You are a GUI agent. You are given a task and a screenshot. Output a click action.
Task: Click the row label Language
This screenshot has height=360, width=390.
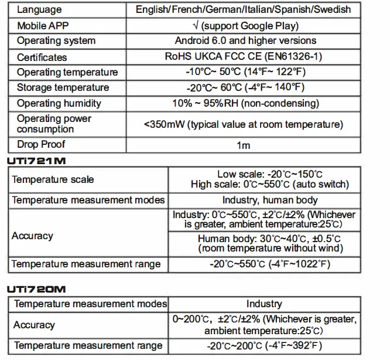click(x=39, y=10)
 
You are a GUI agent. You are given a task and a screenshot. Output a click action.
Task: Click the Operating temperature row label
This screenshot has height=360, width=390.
click(x=67, y=72)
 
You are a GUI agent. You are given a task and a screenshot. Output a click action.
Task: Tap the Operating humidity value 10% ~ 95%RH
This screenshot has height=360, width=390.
click(x=220, y=103)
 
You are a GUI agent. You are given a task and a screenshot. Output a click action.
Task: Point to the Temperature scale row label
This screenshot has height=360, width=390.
click(x=53, y=179)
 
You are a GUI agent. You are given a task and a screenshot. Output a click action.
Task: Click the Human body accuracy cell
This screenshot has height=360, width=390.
click(x=269, y=243)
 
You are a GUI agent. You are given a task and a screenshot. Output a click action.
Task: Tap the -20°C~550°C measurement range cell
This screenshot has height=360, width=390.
click(x=269, y=264)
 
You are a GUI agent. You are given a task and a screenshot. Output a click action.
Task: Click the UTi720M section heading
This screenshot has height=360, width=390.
click(x=37, y=289)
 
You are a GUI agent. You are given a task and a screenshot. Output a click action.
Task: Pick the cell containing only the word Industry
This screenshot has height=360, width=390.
click(x=264, y=304)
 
